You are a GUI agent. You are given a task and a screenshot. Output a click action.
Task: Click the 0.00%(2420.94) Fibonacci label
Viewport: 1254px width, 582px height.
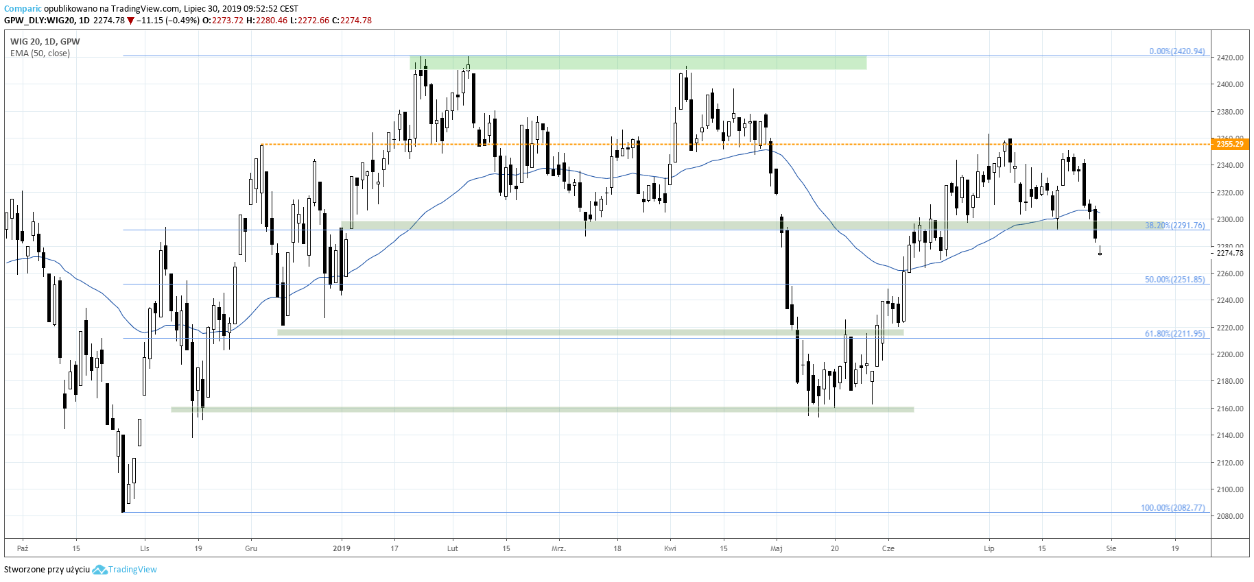pos(1176,51)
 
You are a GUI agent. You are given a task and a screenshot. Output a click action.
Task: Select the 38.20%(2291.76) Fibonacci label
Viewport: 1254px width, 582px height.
pos(1174,226)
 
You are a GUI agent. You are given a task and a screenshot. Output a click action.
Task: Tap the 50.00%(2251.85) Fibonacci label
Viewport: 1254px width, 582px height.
pos(1174,280)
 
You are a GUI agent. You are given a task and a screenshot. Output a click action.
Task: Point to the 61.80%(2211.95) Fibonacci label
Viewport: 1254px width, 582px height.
pos(1174,334)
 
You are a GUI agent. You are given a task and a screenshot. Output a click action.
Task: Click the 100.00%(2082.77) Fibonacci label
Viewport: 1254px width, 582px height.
pos(1172,508)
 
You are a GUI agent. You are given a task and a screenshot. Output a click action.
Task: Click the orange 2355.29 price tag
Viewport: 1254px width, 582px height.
pos(1229,144)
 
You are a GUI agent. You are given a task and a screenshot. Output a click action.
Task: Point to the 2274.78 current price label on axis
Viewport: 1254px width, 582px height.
pos(1229,254)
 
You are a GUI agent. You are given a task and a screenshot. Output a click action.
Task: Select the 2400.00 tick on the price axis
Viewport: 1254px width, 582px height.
pos(1229,84)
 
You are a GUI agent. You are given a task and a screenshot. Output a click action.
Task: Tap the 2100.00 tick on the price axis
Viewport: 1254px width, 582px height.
pos(1229,489)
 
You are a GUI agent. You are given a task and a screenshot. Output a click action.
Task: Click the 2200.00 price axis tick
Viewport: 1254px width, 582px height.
pos(1229,354)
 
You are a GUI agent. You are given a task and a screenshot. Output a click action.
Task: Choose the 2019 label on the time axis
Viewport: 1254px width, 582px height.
pos(341,548)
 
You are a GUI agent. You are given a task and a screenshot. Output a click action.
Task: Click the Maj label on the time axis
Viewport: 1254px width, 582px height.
pos(777,548)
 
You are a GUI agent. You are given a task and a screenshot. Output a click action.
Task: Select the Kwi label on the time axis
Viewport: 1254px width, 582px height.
pos(670,548)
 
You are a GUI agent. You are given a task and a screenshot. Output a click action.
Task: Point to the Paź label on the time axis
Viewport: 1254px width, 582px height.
pos(23,548)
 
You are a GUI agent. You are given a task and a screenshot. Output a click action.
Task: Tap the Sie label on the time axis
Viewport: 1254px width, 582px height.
pos(1111,548)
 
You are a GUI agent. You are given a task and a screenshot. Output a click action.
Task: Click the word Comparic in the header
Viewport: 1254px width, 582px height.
pos(23,9)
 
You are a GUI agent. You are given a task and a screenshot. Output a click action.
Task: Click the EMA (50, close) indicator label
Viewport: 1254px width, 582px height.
pos(40,53)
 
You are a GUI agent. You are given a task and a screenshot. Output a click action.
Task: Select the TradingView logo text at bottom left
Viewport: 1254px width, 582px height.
pos(132,570)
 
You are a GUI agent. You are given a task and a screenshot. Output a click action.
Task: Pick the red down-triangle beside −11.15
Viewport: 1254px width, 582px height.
pos(130,21)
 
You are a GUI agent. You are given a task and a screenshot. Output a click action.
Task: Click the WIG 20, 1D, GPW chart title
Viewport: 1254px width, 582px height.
pos(45,42)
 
